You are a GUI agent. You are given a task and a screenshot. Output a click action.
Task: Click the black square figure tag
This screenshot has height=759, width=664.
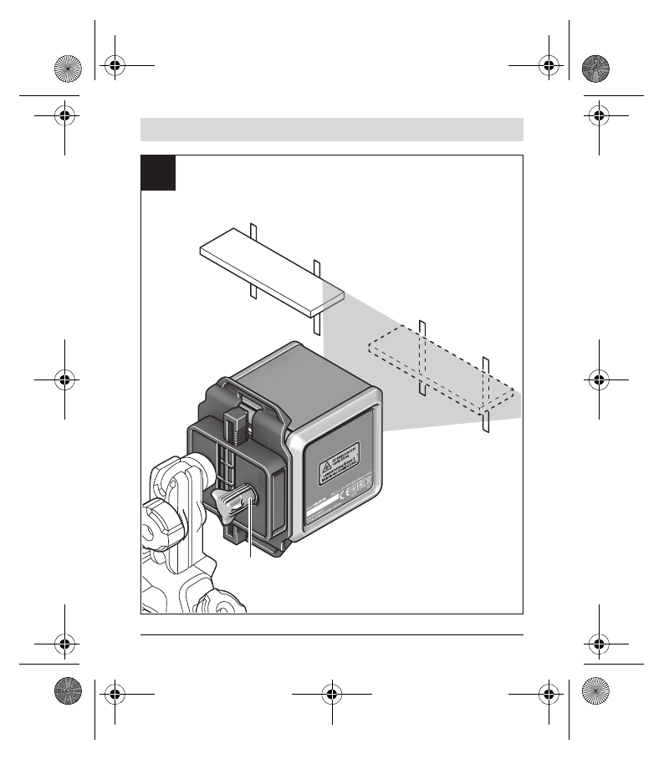pyautogui.click(x=158, y=172)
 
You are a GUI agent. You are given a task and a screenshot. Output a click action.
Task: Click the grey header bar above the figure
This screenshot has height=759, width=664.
pyautogui.click(x=331, y=130)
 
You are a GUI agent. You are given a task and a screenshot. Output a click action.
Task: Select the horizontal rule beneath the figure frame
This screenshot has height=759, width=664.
pyautogui.click(x=331, y=634)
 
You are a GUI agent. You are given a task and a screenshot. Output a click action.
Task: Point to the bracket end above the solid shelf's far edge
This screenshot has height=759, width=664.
pyautogui.click(x=252, y=232)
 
